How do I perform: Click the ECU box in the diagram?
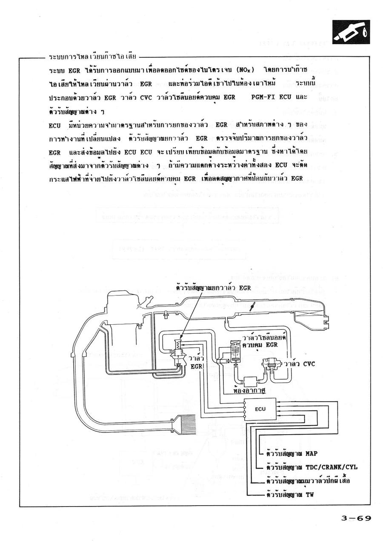(260, 409)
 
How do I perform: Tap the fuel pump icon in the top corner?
(351, 33)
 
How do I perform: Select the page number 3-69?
(356, 518)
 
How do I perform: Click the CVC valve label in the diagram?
(300, 364)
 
